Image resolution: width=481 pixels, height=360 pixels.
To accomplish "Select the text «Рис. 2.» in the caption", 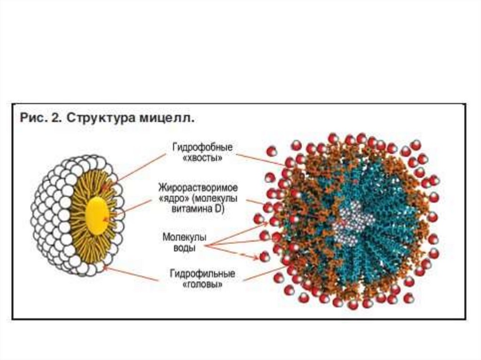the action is [40, 117].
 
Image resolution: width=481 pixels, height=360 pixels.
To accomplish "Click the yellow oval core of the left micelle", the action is [98, 215].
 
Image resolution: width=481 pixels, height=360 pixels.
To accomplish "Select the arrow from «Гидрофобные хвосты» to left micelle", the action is [141, 167].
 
